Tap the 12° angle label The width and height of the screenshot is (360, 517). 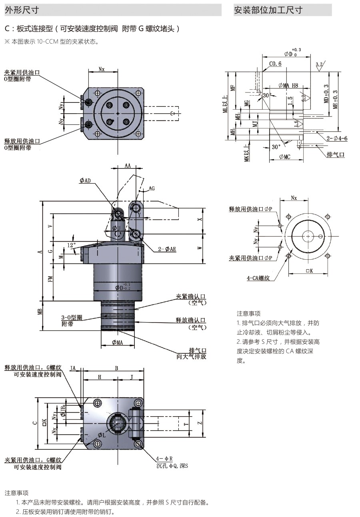(71, 245)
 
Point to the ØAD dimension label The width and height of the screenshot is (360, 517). (85, 181)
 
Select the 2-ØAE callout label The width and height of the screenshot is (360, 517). (167, 249)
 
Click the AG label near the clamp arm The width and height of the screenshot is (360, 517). (152, 188)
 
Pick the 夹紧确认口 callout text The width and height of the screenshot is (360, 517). (191, 297)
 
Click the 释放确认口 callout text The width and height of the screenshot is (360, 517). (191, 320)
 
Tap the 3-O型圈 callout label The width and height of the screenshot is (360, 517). (72, 318)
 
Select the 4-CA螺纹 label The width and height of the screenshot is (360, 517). (258, 277)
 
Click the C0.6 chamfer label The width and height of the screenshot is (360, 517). (275, 64)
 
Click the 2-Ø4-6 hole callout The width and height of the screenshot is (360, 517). (336, 138)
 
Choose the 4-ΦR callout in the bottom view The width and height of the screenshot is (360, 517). (164, 459)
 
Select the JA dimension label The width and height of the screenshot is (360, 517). (73, 368)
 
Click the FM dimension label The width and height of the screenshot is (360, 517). (50, 279)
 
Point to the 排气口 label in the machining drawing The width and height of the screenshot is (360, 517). (335, 154)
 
